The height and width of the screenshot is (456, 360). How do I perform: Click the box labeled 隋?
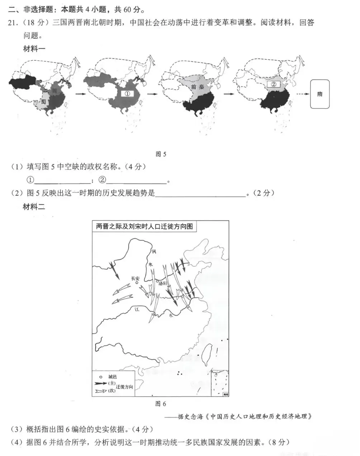point(319,94)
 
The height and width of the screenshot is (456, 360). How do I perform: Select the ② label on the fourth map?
point(274,85)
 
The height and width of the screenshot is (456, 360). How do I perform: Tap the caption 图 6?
point(161,404)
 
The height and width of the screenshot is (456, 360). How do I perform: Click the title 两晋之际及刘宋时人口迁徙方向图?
point(144,226)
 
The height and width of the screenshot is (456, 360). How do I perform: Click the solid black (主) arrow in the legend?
point(100,383)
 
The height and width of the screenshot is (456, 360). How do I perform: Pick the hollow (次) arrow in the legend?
point(100,390)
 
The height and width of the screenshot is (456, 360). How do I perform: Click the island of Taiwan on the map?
point(207,353)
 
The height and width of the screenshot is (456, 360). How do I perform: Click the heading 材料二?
point(34,207)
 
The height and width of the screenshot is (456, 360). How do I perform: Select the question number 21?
point(13,23)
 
